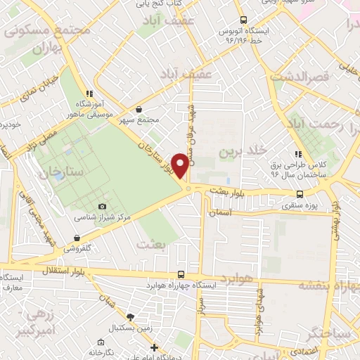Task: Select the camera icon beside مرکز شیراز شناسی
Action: (x=103, y=206)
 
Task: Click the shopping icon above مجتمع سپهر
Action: (x=139, y=110)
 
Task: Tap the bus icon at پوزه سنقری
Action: (x=300, y=195)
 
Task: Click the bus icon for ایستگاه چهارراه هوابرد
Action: (x=182, y=275)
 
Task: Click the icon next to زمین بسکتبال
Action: (x=129, y=317)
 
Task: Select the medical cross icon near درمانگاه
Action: (x=155, y=347)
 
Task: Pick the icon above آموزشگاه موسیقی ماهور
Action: (x=88, y=94)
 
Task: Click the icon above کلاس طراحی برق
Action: (x=298, y=153)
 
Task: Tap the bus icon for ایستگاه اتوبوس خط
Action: (x=243, y=20)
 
